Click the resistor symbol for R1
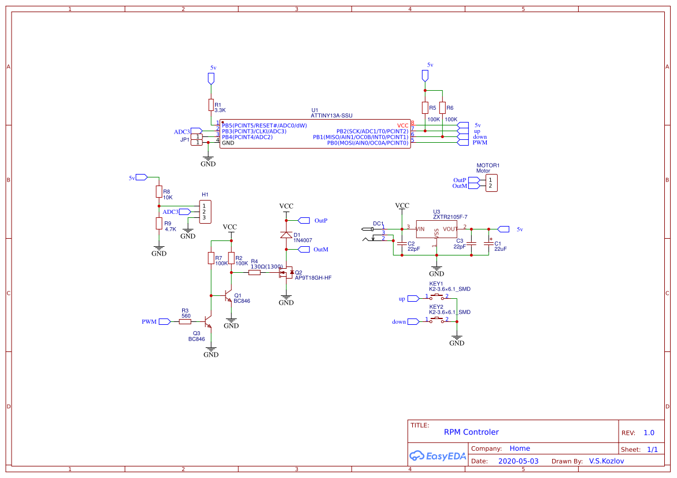(211, 105)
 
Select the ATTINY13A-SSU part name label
(331, 116)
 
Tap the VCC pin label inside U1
(402, 125)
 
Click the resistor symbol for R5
(425, 108)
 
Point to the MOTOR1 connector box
(491, 183)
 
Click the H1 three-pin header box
(204, 212)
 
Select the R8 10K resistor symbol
(159, 191)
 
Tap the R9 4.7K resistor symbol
(159, 224)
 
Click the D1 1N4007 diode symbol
(286, 235)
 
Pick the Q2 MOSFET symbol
(286, 272)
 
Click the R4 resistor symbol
(255, 272)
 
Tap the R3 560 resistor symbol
(185, 321)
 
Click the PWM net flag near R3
(164, 321)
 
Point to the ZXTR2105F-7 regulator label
(450, 217)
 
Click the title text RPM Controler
(471, 432)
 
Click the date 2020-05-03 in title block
(518, 461)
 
